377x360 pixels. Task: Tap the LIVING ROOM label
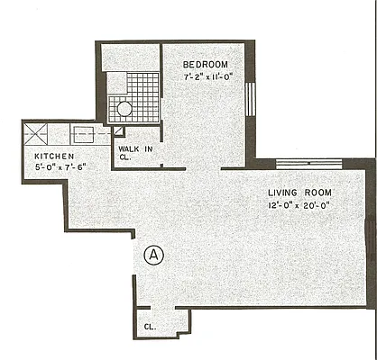299,193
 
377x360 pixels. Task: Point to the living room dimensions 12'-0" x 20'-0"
299,205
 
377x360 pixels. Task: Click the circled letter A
155,255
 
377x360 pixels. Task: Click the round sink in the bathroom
123,110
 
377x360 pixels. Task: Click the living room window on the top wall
307,164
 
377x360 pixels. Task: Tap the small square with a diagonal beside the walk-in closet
118,131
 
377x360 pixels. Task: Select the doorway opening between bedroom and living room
203,167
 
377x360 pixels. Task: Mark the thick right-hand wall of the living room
371,234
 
